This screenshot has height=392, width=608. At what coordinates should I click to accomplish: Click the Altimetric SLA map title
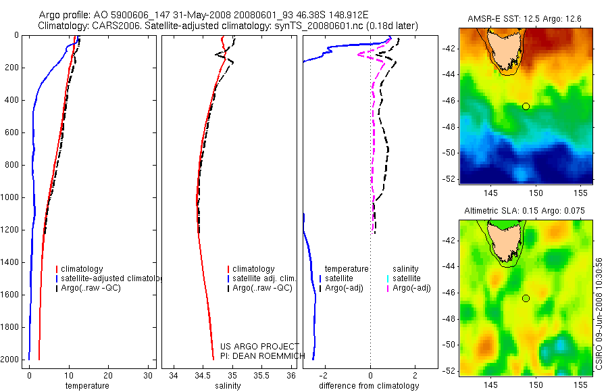click(525, 212)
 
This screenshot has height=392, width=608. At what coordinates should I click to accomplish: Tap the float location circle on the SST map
click(526, 106)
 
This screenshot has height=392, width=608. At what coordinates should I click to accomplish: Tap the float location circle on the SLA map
click(526, 298)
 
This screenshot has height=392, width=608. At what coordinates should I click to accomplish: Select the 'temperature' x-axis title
click(87, 386)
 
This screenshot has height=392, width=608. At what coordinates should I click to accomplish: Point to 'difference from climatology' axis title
click(369, 386)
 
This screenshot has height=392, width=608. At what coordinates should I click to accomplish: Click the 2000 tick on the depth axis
click(11, 360)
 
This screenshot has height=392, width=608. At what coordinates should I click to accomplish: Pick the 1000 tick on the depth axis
click(11, 197)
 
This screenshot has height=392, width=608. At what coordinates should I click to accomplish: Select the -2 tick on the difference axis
click(324, 375)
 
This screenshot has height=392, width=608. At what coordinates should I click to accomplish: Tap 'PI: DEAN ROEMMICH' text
click(263, 356)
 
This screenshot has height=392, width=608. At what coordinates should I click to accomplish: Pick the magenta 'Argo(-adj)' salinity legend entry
click(411, 289)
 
